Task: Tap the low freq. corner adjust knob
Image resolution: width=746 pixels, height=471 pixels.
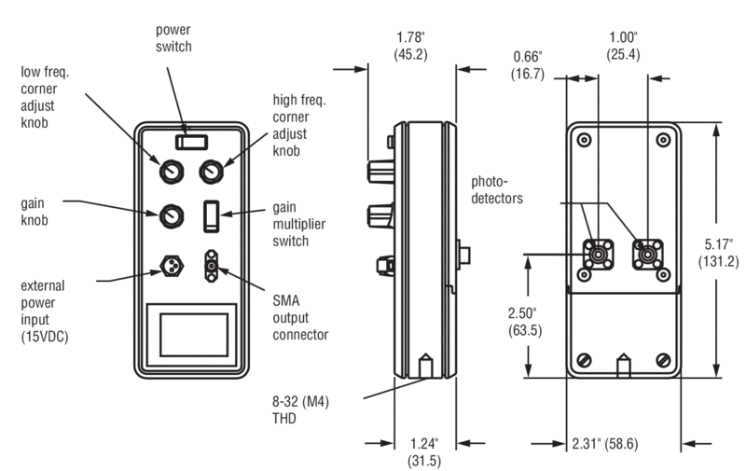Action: (172, 172)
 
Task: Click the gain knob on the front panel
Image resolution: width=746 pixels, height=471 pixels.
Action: (172, 216)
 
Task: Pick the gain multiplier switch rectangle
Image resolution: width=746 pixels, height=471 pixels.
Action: (211, 215)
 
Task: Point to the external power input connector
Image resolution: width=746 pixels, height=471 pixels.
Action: (172, 266)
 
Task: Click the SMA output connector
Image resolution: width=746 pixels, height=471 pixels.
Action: (212, 266)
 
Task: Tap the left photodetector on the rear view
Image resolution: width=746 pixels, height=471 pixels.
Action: (597, 252)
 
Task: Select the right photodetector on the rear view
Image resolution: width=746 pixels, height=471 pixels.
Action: (646, 252)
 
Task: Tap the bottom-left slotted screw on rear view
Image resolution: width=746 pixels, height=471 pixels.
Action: (586, 360)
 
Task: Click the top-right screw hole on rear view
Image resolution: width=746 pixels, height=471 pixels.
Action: (663, 141)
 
